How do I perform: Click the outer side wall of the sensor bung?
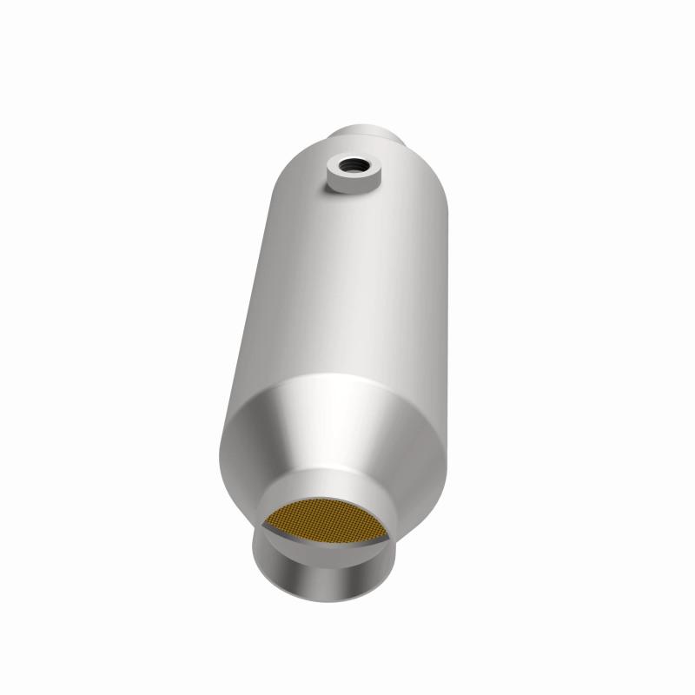tap(352, 183)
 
